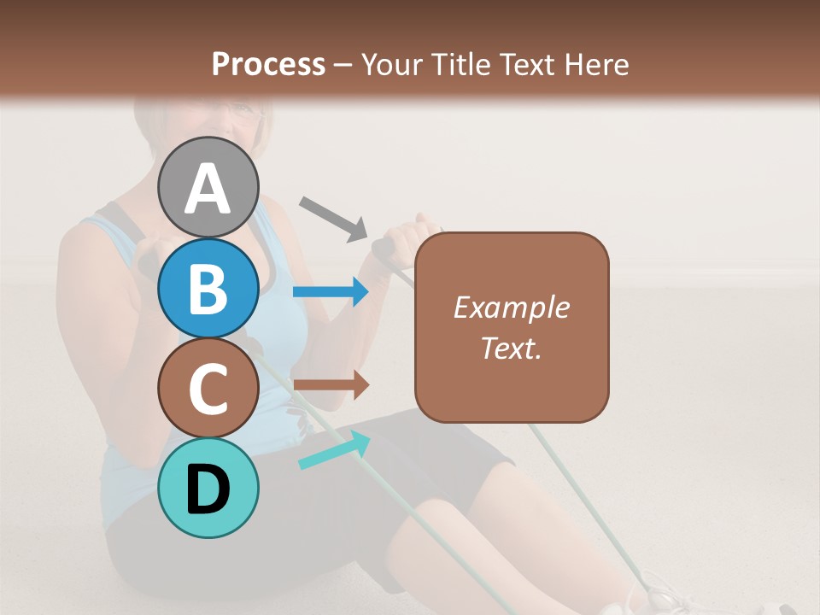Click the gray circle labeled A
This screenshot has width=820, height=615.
208,187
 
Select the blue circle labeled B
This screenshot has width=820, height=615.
208,288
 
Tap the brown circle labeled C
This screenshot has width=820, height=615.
208,388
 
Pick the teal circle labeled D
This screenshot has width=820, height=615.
208,488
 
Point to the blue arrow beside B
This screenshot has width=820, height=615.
331,292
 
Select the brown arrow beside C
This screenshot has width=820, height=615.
331,384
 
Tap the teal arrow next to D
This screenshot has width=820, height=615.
334,450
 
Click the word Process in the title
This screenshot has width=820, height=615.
268,64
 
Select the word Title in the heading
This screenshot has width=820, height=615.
460,64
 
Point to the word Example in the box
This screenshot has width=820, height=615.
511,307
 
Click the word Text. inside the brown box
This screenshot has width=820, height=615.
511,348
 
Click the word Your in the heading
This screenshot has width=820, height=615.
391,64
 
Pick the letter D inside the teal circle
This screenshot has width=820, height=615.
208,489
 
